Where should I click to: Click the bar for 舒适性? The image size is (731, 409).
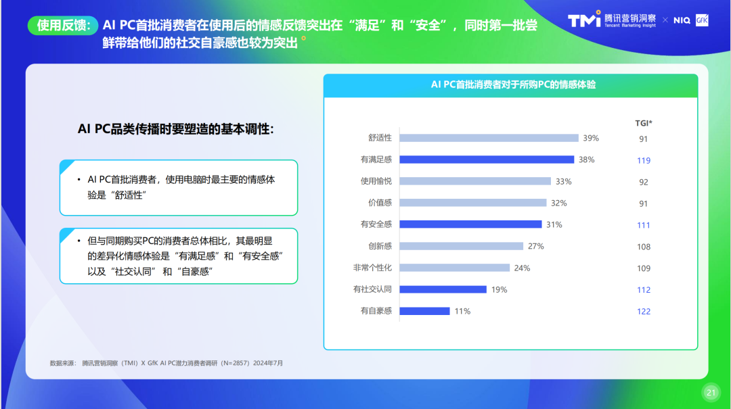(x=489, y=138)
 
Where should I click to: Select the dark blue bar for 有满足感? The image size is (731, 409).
(x=487, y=160)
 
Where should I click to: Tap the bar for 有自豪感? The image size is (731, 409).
(x=424, y=311)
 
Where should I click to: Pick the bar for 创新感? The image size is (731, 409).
(x=461, y=246)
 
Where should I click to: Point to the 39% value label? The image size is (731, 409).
(x=591, y=138)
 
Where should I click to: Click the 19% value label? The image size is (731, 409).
(x=499, y=289)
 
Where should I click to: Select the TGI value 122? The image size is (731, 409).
(x=644, y=311)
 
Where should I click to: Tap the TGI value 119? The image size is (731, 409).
(x=644, y=160)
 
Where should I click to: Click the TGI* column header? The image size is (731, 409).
(x=644, y=123)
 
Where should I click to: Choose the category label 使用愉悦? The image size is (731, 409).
(x=376, y=181)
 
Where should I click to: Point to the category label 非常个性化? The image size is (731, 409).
(x=372, y=268)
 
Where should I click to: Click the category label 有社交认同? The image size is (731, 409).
(x=372, y=289)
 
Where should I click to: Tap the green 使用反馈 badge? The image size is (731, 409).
(x=63, y=25)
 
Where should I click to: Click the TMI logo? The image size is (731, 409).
(x=584, y=19)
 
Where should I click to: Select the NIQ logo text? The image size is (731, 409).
(x=682, y=20)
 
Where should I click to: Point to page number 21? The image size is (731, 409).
(x=711, y=392)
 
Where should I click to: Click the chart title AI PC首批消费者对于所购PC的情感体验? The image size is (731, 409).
(x=513, y=85)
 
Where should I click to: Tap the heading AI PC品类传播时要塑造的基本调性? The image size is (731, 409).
(x=176, y=129)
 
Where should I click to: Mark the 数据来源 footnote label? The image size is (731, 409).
(x=62, y=363)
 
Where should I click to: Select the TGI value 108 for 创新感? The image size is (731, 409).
(x=644, y=247)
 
